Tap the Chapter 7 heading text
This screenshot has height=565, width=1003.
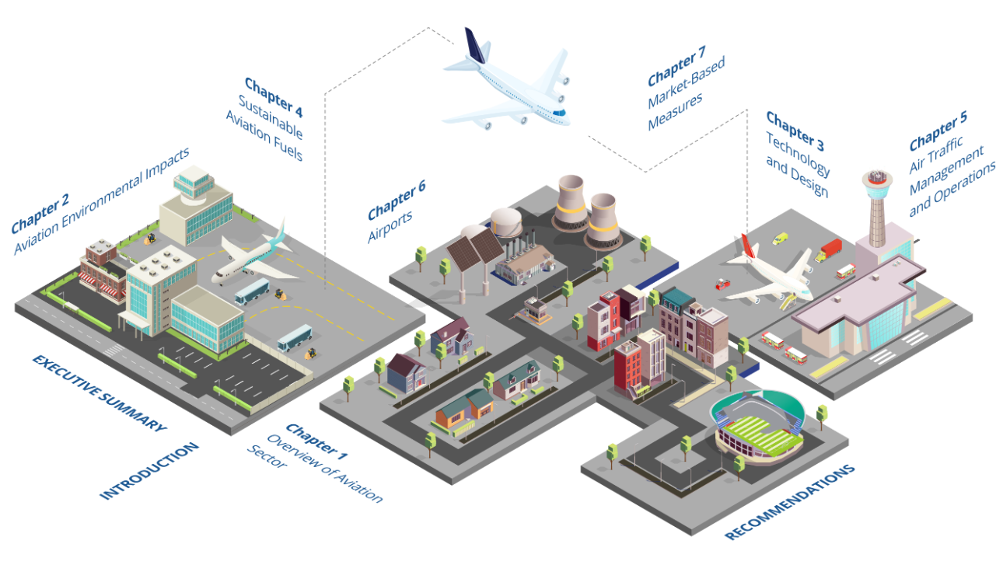tap(676, 66)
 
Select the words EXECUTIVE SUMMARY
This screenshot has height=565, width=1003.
tap(99, 392)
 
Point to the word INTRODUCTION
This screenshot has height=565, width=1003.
tap(149, 471)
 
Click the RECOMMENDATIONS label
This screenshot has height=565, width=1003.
tap(790, 502)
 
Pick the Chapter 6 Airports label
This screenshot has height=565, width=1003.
tap(397, 200)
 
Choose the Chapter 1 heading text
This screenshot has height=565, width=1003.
tap(317, 440)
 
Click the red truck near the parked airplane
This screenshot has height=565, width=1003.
tap(830, 249)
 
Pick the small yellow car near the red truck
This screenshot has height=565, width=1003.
tap(780, 239)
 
